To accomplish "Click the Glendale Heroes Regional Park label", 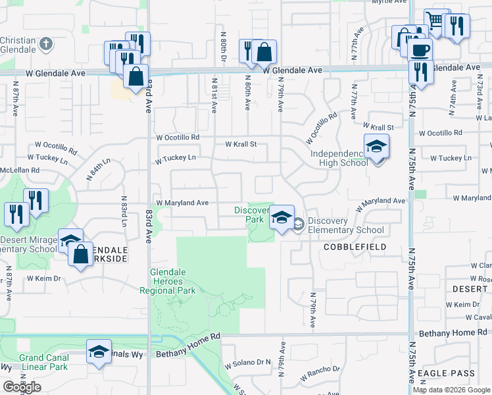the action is click(x=168, y=280).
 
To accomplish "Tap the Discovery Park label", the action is click(x=249, y=215).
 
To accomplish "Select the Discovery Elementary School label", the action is click(x=345, y=226).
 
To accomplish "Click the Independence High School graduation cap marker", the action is click(x=376, y=147).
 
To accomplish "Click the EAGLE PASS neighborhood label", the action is click(x=447, y=373).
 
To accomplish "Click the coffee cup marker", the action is click(x=420, y=49).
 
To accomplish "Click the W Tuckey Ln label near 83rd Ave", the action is click(x=175, y=158).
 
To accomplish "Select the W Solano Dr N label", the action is click(x=248, y=363).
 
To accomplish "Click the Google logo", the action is click(x=22, y=387).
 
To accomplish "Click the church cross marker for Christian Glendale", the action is click(x=45, y=45).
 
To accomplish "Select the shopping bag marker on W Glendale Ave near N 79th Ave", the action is click(x=264, y=52).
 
